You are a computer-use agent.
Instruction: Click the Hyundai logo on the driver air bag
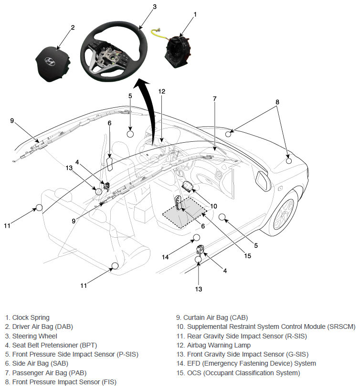pyautogui.click(x=50, y=62)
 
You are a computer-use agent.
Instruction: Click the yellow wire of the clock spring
pyautogui.click(x=159, y=34)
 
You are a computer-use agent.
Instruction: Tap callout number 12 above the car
pyautogui.click(x=162, y=92)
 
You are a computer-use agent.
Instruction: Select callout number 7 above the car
pyautogui.click(x=215, y=99)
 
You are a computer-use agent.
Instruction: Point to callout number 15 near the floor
pyautogui.click(x=247, y=256)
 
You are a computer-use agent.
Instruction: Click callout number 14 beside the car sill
pyautogui.click(x=165, y=257)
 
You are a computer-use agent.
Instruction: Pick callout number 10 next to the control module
pyautogui.click(x=213, y=206)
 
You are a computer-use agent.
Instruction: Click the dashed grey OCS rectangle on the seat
pyautogui.click(x=185, y=212)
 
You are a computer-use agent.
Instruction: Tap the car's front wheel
pyautogui.click(x=284, y=213)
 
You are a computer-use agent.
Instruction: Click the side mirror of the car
pyautogui.click(x=263, y=181)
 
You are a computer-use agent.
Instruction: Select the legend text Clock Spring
pyautogui.click(x=31, y=317)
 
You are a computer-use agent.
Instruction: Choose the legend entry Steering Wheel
pyautogui.click(x=34, y=336)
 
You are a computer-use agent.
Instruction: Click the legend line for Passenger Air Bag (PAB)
pyautogui.click(x=46, y=373)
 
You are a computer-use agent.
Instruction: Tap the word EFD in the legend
pyautogui.click(x=193, y=364)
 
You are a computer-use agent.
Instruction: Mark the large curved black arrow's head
pyautogui.click(x=141, y=84)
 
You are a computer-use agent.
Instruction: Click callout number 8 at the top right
pyautogui.click(x=277, y=102)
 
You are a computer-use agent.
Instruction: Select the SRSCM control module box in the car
pyautogui.click(x=188, y=187)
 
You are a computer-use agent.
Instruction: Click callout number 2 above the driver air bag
pyautogui.click(x=73, y=27)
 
